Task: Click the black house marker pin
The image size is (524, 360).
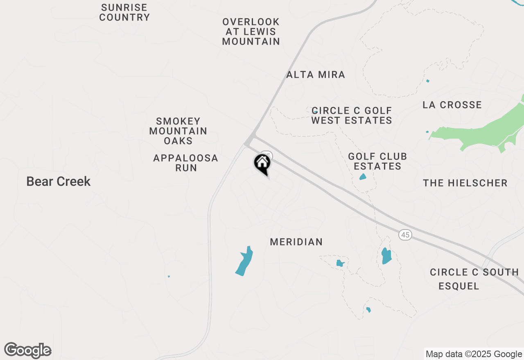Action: point(262,164)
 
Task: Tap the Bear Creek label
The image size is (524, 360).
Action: point(58,181)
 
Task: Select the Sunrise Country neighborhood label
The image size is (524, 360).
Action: point(124,13)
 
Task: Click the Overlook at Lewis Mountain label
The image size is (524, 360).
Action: point(251,32)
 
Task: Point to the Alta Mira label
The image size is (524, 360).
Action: point(316,74)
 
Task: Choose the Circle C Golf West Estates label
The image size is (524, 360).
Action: point(352,115)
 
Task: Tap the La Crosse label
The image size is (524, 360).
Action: point(452,105)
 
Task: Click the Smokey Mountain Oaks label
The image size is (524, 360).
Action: point(178,131)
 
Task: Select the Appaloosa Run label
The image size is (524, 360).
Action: point(186,163)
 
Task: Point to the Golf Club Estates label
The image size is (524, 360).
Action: point(377,161)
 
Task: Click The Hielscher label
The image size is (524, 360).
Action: point(465,183)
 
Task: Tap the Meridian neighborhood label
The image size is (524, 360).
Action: point(296,242)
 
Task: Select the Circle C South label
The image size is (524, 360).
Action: point(474,272)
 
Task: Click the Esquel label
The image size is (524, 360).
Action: point(459,286)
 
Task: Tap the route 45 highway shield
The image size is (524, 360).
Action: point(405,235)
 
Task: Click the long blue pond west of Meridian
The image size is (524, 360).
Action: point(244,261)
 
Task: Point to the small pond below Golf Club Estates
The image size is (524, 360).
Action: point(363,177)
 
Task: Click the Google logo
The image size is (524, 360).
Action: point(28,351)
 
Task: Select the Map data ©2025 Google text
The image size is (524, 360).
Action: point(474,354)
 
